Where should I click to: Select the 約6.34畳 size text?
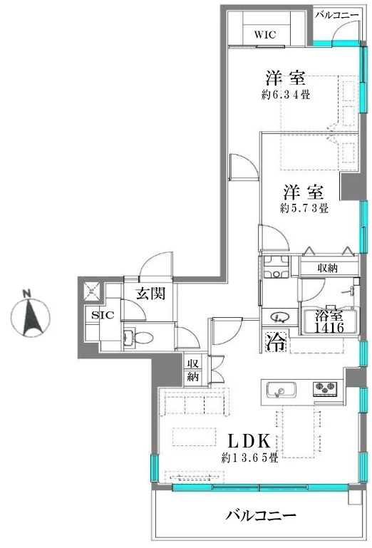[x=289, y=95]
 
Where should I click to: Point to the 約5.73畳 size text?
[x=304, y=208]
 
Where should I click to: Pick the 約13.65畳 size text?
[x=249, y=457]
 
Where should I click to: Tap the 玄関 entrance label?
[x=152, y=293]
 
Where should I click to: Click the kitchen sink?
[x=281, y=390]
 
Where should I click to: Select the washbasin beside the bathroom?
[x=279, y=319]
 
